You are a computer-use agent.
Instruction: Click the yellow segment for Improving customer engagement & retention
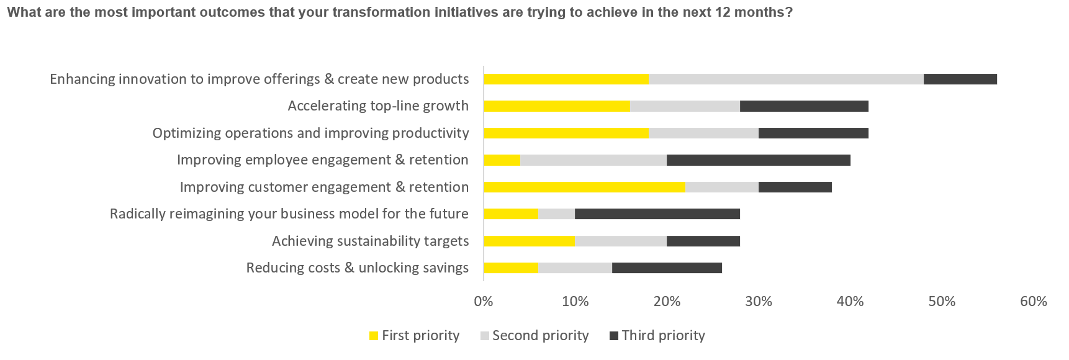[584, 187]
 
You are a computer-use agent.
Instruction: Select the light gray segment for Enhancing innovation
[786, 79]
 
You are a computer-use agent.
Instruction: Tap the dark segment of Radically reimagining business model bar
[657, 214]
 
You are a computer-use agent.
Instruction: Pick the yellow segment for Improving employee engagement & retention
[502, 160]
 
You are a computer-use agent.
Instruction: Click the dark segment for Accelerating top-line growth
[804, 106]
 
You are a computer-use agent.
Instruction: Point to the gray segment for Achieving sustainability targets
[620, 241]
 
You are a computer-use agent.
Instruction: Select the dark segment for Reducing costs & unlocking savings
[667, 268]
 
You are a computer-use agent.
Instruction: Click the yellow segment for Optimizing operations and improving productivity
[566, 133]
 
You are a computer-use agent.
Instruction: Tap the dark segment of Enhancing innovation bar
[960, 79]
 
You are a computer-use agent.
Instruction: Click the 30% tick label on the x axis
[758, 302]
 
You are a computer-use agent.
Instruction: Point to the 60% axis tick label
[1033, 302]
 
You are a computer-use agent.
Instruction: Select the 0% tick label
[483, 302]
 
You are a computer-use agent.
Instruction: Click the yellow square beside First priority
[374, 336]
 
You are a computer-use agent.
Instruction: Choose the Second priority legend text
[540, 336]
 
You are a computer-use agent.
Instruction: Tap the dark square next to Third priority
[614, 336]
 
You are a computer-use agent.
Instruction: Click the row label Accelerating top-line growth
[377, 106]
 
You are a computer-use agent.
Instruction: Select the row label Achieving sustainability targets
[370, 241]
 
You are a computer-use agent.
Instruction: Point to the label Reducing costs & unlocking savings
[357, 268]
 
